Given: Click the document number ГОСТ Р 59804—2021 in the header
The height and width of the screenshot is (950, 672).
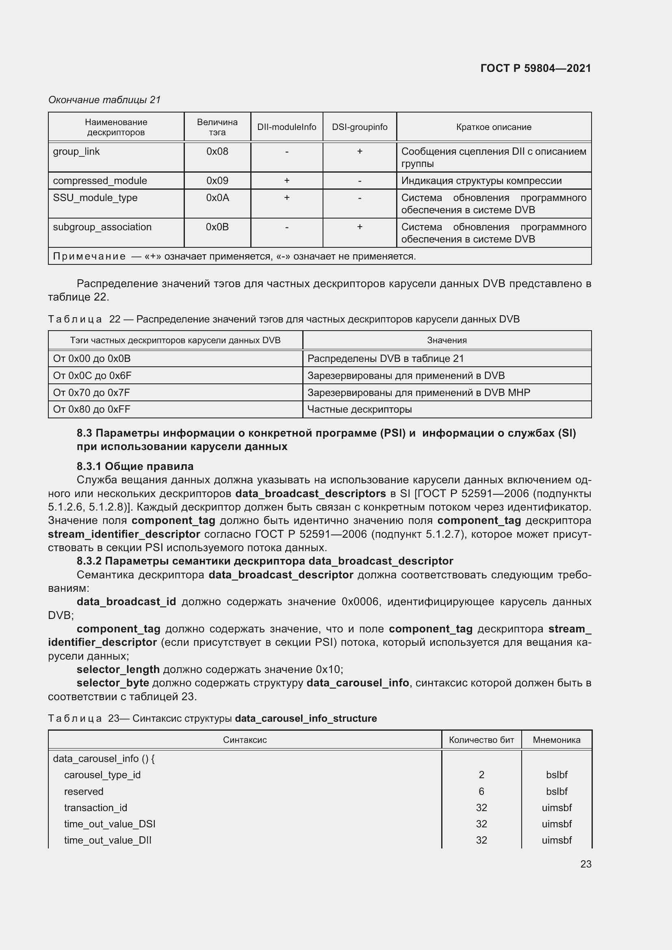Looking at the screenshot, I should tap(535, 68).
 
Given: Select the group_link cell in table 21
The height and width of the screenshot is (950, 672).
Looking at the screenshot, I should tap(76, 151).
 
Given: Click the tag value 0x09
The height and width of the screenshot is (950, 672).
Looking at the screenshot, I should tap(217, 181).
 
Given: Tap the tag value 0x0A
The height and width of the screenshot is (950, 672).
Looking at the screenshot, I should tap(217, 198).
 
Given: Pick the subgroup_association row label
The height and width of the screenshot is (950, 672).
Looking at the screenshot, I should tap(102, 227).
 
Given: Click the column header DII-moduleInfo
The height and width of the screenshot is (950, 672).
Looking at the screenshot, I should tap(286, 127).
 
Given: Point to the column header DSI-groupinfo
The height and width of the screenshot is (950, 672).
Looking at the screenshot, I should tap(360, 127).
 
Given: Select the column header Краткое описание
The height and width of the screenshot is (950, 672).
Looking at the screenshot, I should tap(494, 127).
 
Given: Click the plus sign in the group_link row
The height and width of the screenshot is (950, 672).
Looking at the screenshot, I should tap(360, 151).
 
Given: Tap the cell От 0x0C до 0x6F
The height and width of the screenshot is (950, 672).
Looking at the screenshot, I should tap(92, 376).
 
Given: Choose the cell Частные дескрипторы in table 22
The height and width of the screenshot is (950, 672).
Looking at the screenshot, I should tap(359, 410).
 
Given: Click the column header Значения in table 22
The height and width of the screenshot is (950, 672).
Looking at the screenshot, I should tap(447, 340).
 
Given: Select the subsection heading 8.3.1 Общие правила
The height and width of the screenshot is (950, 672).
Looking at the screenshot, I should tap(135, 466).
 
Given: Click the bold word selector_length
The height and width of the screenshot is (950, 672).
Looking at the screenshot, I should tap(118, 669).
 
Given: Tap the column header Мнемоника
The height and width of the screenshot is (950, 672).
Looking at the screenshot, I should tap(556, 740).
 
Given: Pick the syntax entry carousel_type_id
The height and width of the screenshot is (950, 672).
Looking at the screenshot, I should tap(102, 775).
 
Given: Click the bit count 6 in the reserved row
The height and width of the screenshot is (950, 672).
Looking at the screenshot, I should tap(481, 792).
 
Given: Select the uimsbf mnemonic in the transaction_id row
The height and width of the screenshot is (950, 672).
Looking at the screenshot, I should tap(556, 808).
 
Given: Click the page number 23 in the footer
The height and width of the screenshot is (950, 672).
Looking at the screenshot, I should tap(585, 864).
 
